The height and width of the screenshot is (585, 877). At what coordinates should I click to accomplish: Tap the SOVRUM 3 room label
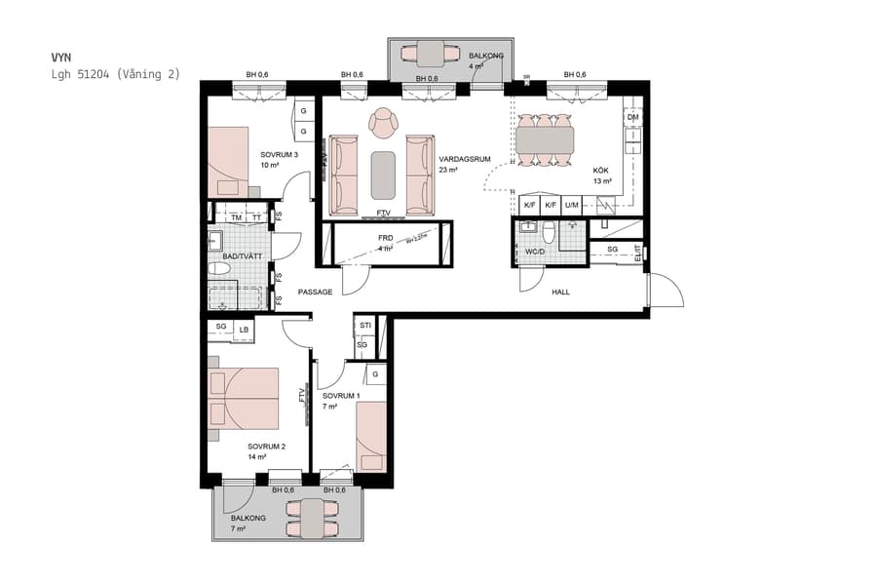point(279,155)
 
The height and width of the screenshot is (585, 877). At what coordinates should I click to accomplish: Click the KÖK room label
point(601,170)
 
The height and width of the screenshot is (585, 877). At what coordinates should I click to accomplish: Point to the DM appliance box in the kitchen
point(632,117)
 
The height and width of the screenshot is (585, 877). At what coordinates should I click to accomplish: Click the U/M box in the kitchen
point(572,205)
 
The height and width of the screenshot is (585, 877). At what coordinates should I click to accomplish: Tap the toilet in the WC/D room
point(549,233)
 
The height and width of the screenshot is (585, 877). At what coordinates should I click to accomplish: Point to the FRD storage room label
point(385,238)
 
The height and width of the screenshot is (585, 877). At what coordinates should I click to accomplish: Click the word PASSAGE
point(315,292)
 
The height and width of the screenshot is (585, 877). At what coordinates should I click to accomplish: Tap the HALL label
point(560,292)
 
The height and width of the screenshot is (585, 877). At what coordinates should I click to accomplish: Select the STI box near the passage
point(364,325)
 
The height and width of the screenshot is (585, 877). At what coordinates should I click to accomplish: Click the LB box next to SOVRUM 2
point(243,331)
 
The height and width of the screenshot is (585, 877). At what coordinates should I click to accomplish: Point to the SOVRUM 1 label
point(341,396)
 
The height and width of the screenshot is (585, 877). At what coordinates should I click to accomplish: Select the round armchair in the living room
point(384,122)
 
